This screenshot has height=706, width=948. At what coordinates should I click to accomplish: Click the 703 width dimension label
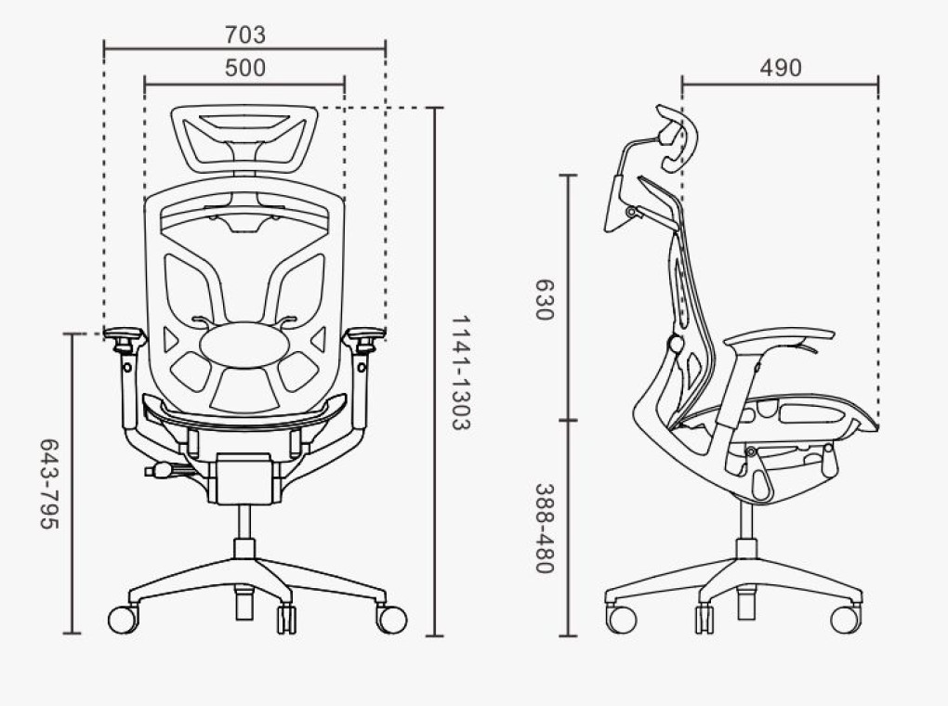(x=244, y=34)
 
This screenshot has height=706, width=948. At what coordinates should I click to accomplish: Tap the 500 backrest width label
(x=244, y=68)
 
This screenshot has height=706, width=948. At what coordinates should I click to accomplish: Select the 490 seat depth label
(x=781, y=68)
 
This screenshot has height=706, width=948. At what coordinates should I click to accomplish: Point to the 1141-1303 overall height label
(x=461, y=373)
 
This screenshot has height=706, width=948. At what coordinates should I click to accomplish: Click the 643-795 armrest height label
(x=49, y=484)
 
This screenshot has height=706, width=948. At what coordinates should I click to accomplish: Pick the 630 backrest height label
(x=544, y=299)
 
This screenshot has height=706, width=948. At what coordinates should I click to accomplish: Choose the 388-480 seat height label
(x=544, y=528)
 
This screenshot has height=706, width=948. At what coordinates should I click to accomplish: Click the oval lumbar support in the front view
(x=244, y=346)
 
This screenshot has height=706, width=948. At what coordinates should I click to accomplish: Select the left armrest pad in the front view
(x=125, y=333)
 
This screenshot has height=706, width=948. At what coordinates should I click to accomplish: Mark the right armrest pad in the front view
(x=364, y=333)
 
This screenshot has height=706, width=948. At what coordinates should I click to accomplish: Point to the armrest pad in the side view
(x=779, y=336)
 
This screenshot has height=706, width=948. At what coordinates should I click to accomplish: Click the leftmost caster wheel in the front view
(x=123, y=620)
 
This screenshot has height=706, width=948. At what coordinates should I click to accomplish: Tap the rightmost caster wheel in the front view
(x=392, y=620)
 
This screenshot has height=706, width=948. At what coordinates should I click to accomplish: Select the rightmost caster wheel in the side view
(x=845, y=619)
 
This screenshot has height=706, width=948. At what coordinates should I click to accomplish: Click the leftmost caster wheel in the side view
(x=622, y=619)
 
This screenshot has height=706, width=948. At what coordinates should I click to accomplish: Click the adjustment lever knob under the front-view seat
(x=162, y=470)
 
